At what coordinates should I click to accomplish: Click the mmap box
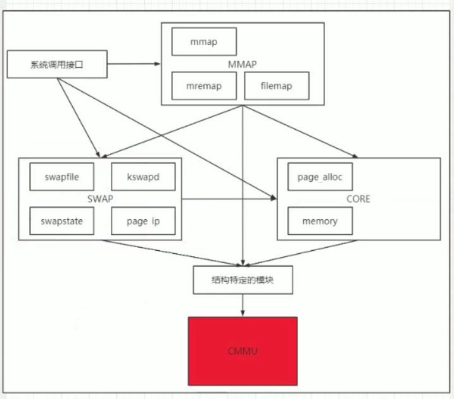click(204, 42)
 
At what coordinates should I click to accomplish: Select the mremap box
click(204, 85)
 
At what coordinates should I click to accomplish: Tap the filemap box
click(276, 85)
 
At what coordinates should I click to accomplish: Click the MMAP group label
click(243, 64)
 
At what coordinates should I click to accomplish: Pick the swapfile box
click(62, 177)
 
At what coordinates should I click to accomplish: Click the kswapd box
click(142, 177)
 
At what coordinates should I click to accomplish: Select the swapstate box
click(62, 221)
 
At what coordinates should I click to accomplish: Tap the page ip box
click(142, 221)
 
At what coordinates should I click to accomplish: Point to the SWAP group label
click(100, 199)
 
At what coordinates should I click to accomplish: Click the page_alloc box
click(320, 177)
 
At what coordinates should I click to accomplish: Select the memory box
click(320, 221)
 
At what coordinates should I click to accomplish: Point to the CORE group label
click(358, 199)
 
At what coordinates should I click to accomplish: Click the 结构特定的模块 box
click(243, 280)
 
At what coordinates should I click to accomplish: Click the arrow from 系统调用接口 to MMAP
click(133, 64)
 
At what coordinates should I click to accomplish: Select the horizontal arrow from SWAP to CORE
click(228, 199)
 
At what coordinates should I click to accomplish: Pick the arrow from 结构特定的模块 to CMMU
click(243, 305)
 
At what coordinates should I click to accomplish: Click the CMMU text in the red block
click(243, 350)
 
